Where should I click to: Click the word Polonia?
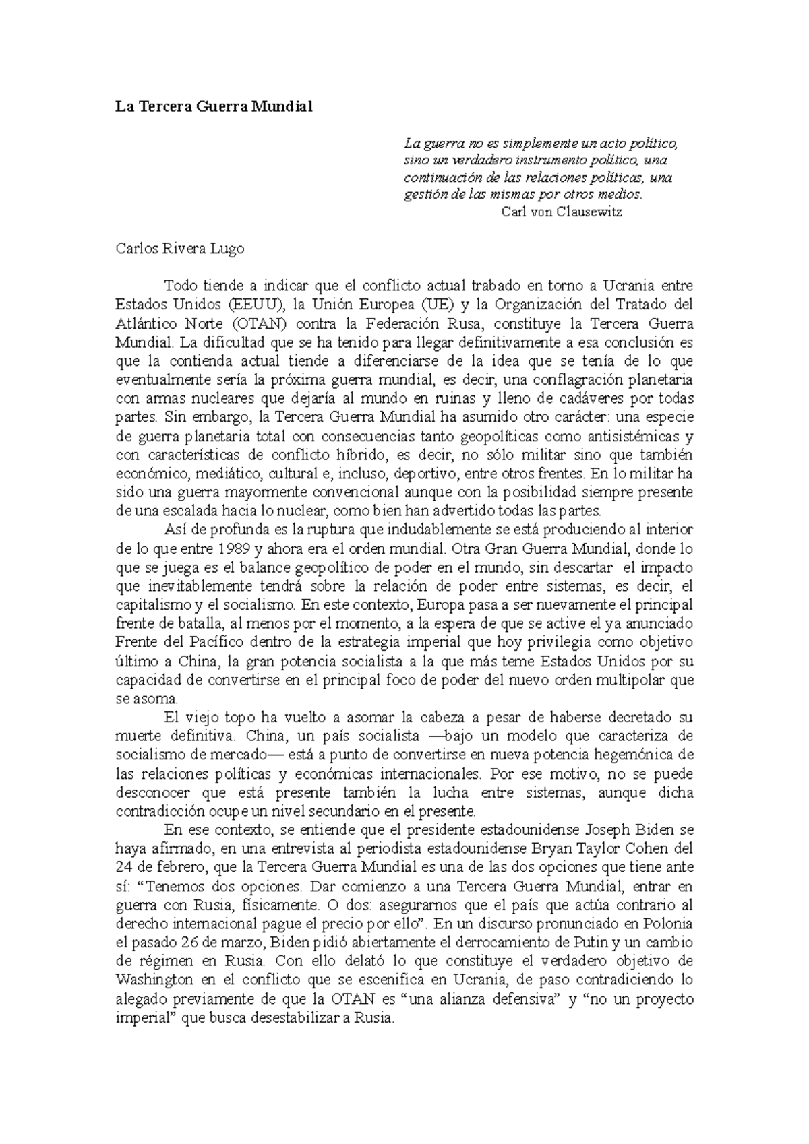[x=666, y=922]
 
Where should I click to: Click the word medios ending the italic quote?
[x=622, y=195]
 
